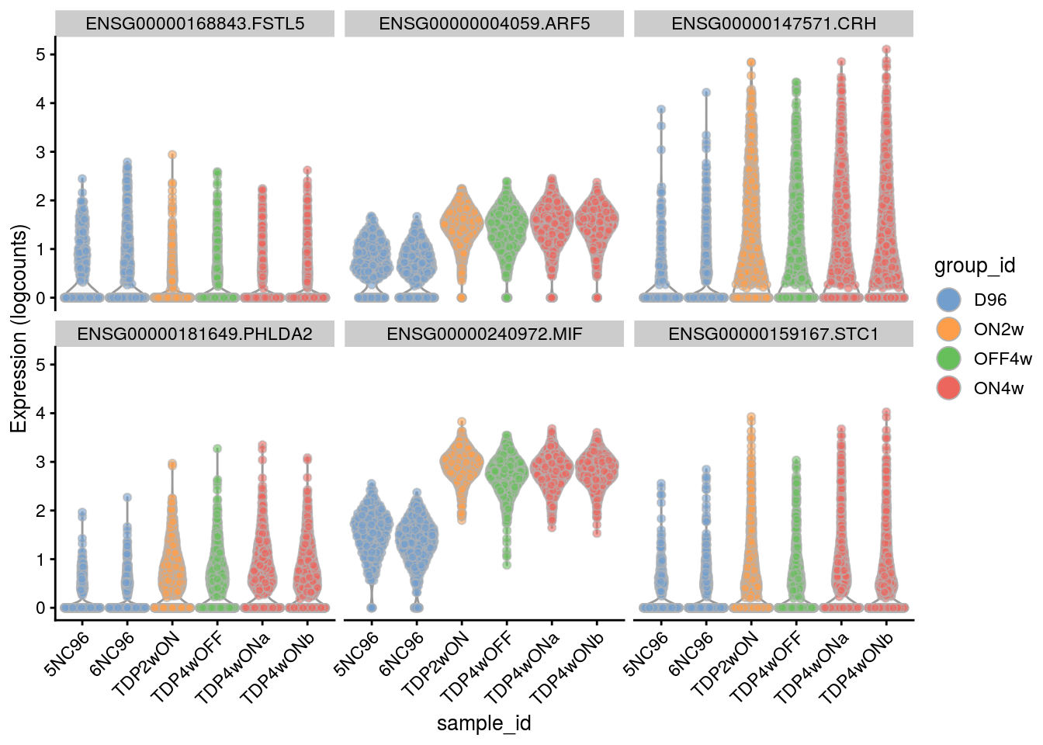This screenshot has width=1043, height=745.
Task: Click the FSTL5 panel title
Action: click(195, 24)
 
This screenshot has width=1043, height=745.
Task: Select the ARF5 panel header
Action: click(484, 24)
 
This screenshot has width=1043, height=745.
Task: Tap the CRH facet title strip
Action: click(774, 24)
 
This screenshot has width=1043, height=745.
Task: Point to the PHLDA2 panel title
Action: click(195, 334)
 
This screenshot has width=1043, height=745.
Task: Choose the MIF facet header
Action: click(484, 334)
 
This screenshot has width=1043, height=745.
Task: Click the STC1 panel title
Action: click(774, 334)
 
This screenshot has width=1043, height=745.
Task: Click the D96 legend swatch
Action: click(949, 300)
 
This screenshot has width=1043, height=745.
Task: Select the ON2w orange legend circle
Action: click(949, 330)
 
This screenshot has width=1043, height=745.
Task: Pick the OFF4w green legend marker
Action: click(949, 359)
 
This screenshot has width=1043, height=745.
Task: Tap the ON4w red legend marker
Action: click(949, 389)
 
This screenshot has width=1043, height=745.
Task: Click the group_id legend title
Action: click(975, 266)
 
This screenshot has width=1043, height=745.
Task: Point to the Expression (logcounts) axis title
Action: click(19, 328)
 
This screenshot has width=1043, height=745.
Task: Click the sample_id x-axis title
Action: click(484, 724)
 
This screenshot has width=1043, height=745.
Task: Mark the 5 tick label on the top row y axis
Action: click(40, 54)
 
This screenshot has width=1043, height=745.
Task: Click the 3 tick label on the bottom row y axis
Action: click(40, 462)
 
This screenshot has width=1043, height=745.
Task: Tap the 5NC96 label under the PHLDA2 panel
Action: click(68, 653)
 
